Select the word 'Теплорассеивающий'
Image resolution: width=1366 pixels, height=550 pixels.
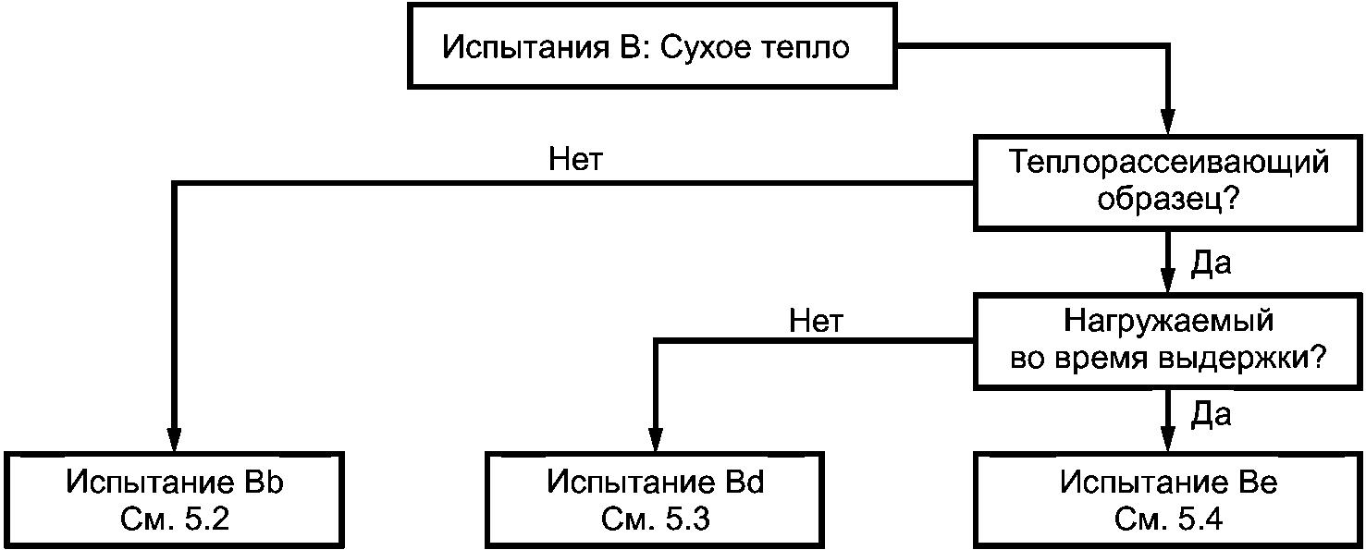coord(1168,162)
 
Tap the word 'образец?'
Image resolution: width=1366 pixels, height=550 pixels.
coord(1168,199)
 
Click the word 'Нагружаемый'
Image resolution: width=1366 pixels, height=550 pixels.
coord(1168,321)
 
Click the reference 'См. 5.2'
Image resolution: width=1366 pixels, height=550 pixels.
coord(175,519)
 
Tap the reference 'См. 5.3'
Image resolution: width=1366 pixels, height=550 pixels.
coord(656,519)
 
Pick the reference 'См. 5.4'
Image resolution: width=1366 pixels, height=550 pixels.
coord(1168,519)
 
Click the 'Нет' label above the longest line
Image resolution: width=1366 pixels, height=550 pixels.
coord(575,160)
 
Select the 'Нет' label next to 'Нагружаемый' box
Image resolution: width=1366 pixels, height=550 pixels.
coord(816,322)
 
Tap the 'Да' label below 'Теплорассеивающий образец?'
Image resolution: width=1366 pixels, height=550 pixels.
coord(1212,263)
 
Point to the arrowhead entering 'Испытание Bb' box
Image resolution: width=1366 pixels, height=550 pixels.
coord(175,439)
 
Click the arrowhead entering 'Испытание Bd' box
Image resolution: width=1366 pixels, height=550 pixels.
coord(656,439)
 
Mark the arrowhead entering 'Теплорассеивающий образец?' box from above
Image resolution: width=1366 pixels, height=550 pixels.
coord(1167,122)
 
